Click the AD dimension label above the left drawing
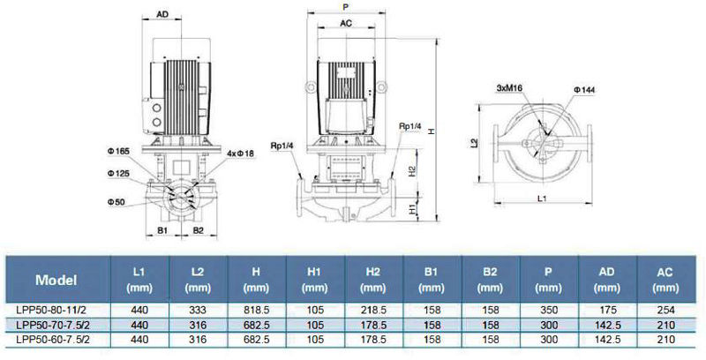tap(162, 14)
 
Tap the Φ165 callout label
tap(118, 151)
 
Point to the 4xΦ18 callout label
tap(240, 154)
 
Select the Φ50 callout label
tap(116, 202)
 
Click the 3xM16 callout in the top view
tap(509, 88)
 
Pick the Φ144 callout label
tap(584, 90)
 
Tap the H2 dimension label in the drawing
tap(411, 171)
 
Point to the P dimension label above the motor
tap(345, 7)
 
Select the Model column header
tap(56, 280)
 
